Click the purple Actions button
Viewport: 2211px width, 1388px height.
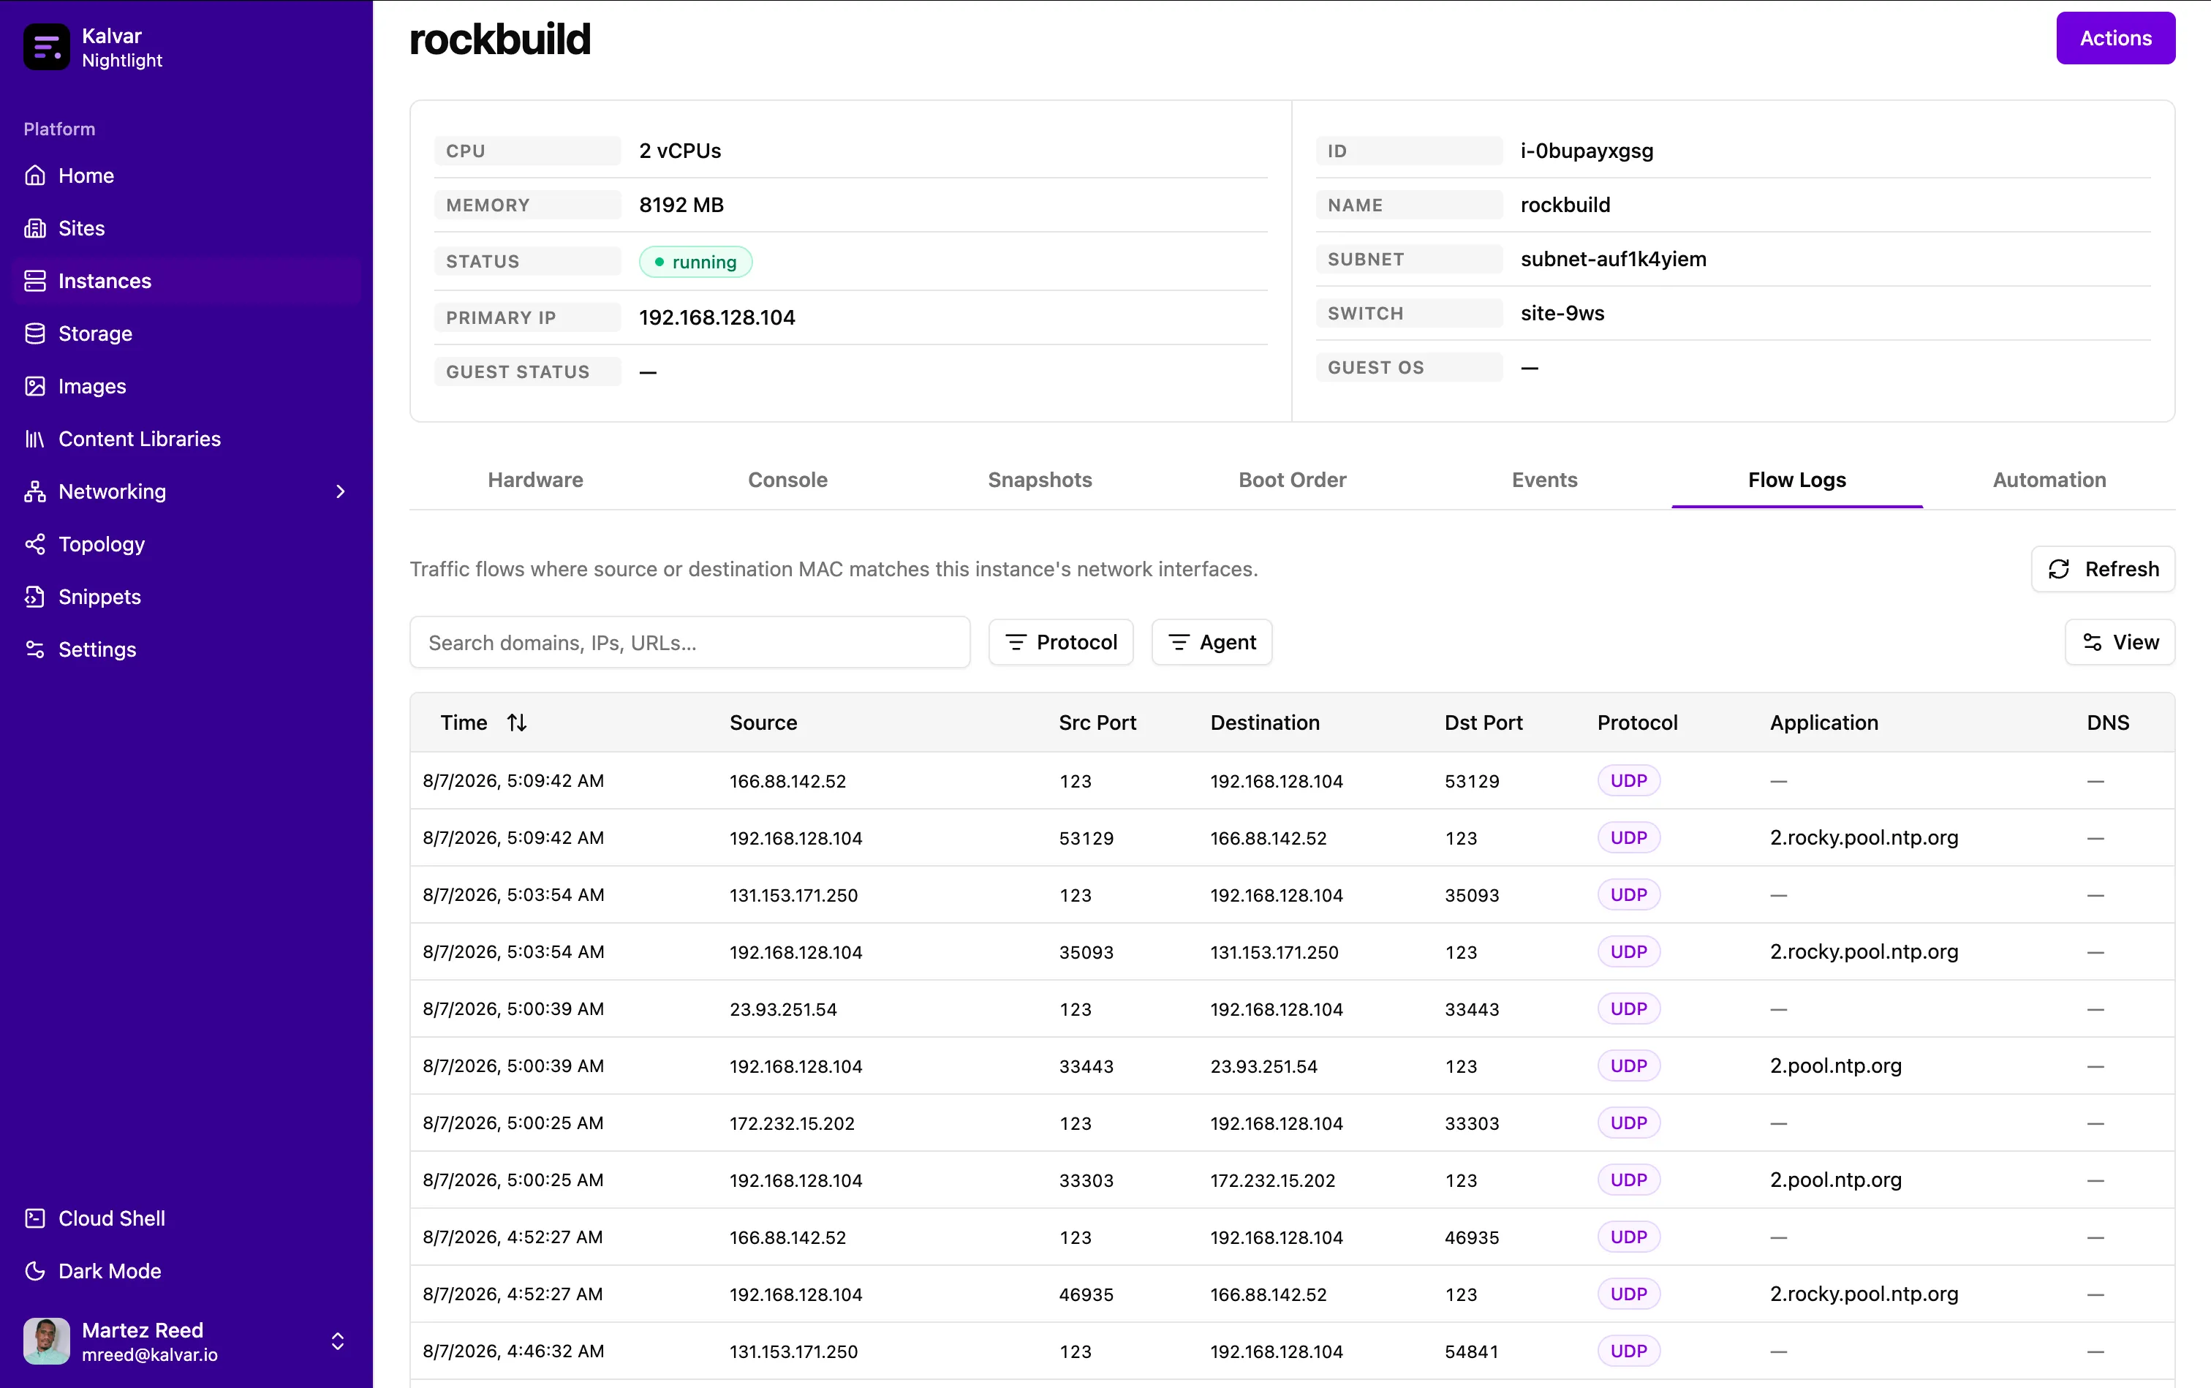(2114, 39)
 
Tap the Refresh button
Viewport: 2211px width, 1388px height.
(2103, 569)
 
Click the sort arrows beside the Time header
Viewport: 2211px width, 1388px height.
(517, 723)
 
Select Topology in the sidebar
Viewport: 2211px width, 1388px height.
(101, 544)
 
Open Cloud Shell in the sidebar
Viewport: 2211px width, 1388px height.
(111, 1218)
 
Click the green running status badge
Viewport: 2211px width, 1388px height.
(696, 262)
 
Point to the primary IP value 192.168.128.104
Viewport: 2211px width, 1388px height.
(717, 317)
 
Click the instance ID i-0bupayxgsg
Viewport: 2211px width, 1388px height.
(1586, 151)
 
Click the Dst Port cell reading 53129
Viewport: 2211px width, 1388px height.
(1471, 781)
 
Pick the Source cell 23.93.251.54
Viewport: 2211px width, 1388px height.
(783, 1009)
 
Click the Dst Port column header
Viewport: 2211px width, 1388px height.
(1484, 723)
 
